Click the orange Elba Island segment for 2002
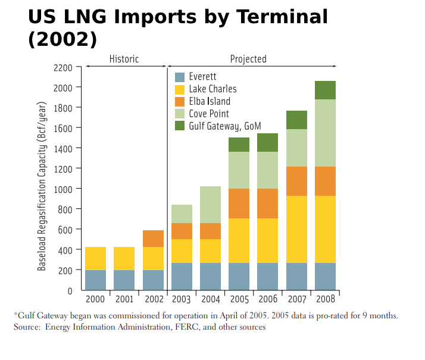153,239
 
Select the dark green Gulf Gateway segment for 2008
325,90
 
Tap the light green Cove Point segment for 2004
210,205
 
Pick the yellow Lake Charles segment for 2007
296,229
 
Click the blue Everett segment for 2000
95,280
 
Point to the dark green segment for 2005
239,145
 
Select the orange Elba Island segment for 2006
267,204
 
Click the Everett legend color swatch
180,77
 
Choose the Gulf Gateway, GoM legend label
224,126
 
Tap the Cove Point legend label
208,114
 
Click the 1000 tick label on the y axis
62,189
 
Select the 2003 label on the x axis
182,298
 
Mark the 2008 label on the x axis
325,298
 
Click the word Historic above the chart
124,59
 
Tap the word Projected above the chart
248,59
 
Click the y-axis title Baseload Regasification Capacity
42,186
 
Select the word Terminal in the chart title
279,17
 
